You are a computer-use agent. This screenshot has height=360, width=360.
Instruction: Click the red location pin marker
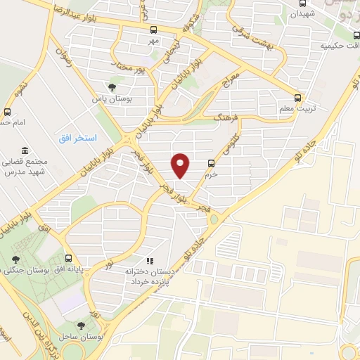click(181, 165)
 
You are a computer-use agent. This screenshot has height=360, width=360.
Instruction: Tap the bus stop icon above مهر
click(154, 30)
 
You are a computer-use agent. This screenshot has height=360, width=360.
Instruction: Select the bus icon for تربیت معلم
click(298, 98)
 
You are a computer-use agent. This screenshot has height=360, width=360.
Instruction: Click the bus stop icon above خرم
click(211, 163)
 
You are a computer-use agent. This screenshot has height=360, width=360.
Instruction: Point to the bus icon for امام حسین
click(8, 112)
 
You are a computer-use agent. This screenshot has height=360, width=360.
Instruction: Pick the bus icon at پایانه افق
click(68, 258)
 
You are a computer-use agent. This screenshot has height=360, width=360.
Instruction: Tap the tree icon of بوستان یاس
click(112, 87)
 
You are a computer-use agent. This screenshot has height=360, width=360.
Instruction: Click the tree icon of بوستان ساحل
click(81, 326)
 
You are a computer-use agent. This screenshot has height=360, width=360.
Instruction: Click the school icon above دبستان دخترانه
click(149, 260)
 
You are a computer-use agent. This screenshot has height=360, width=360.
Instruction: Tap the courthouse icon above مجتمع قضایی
click(25, 151)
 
